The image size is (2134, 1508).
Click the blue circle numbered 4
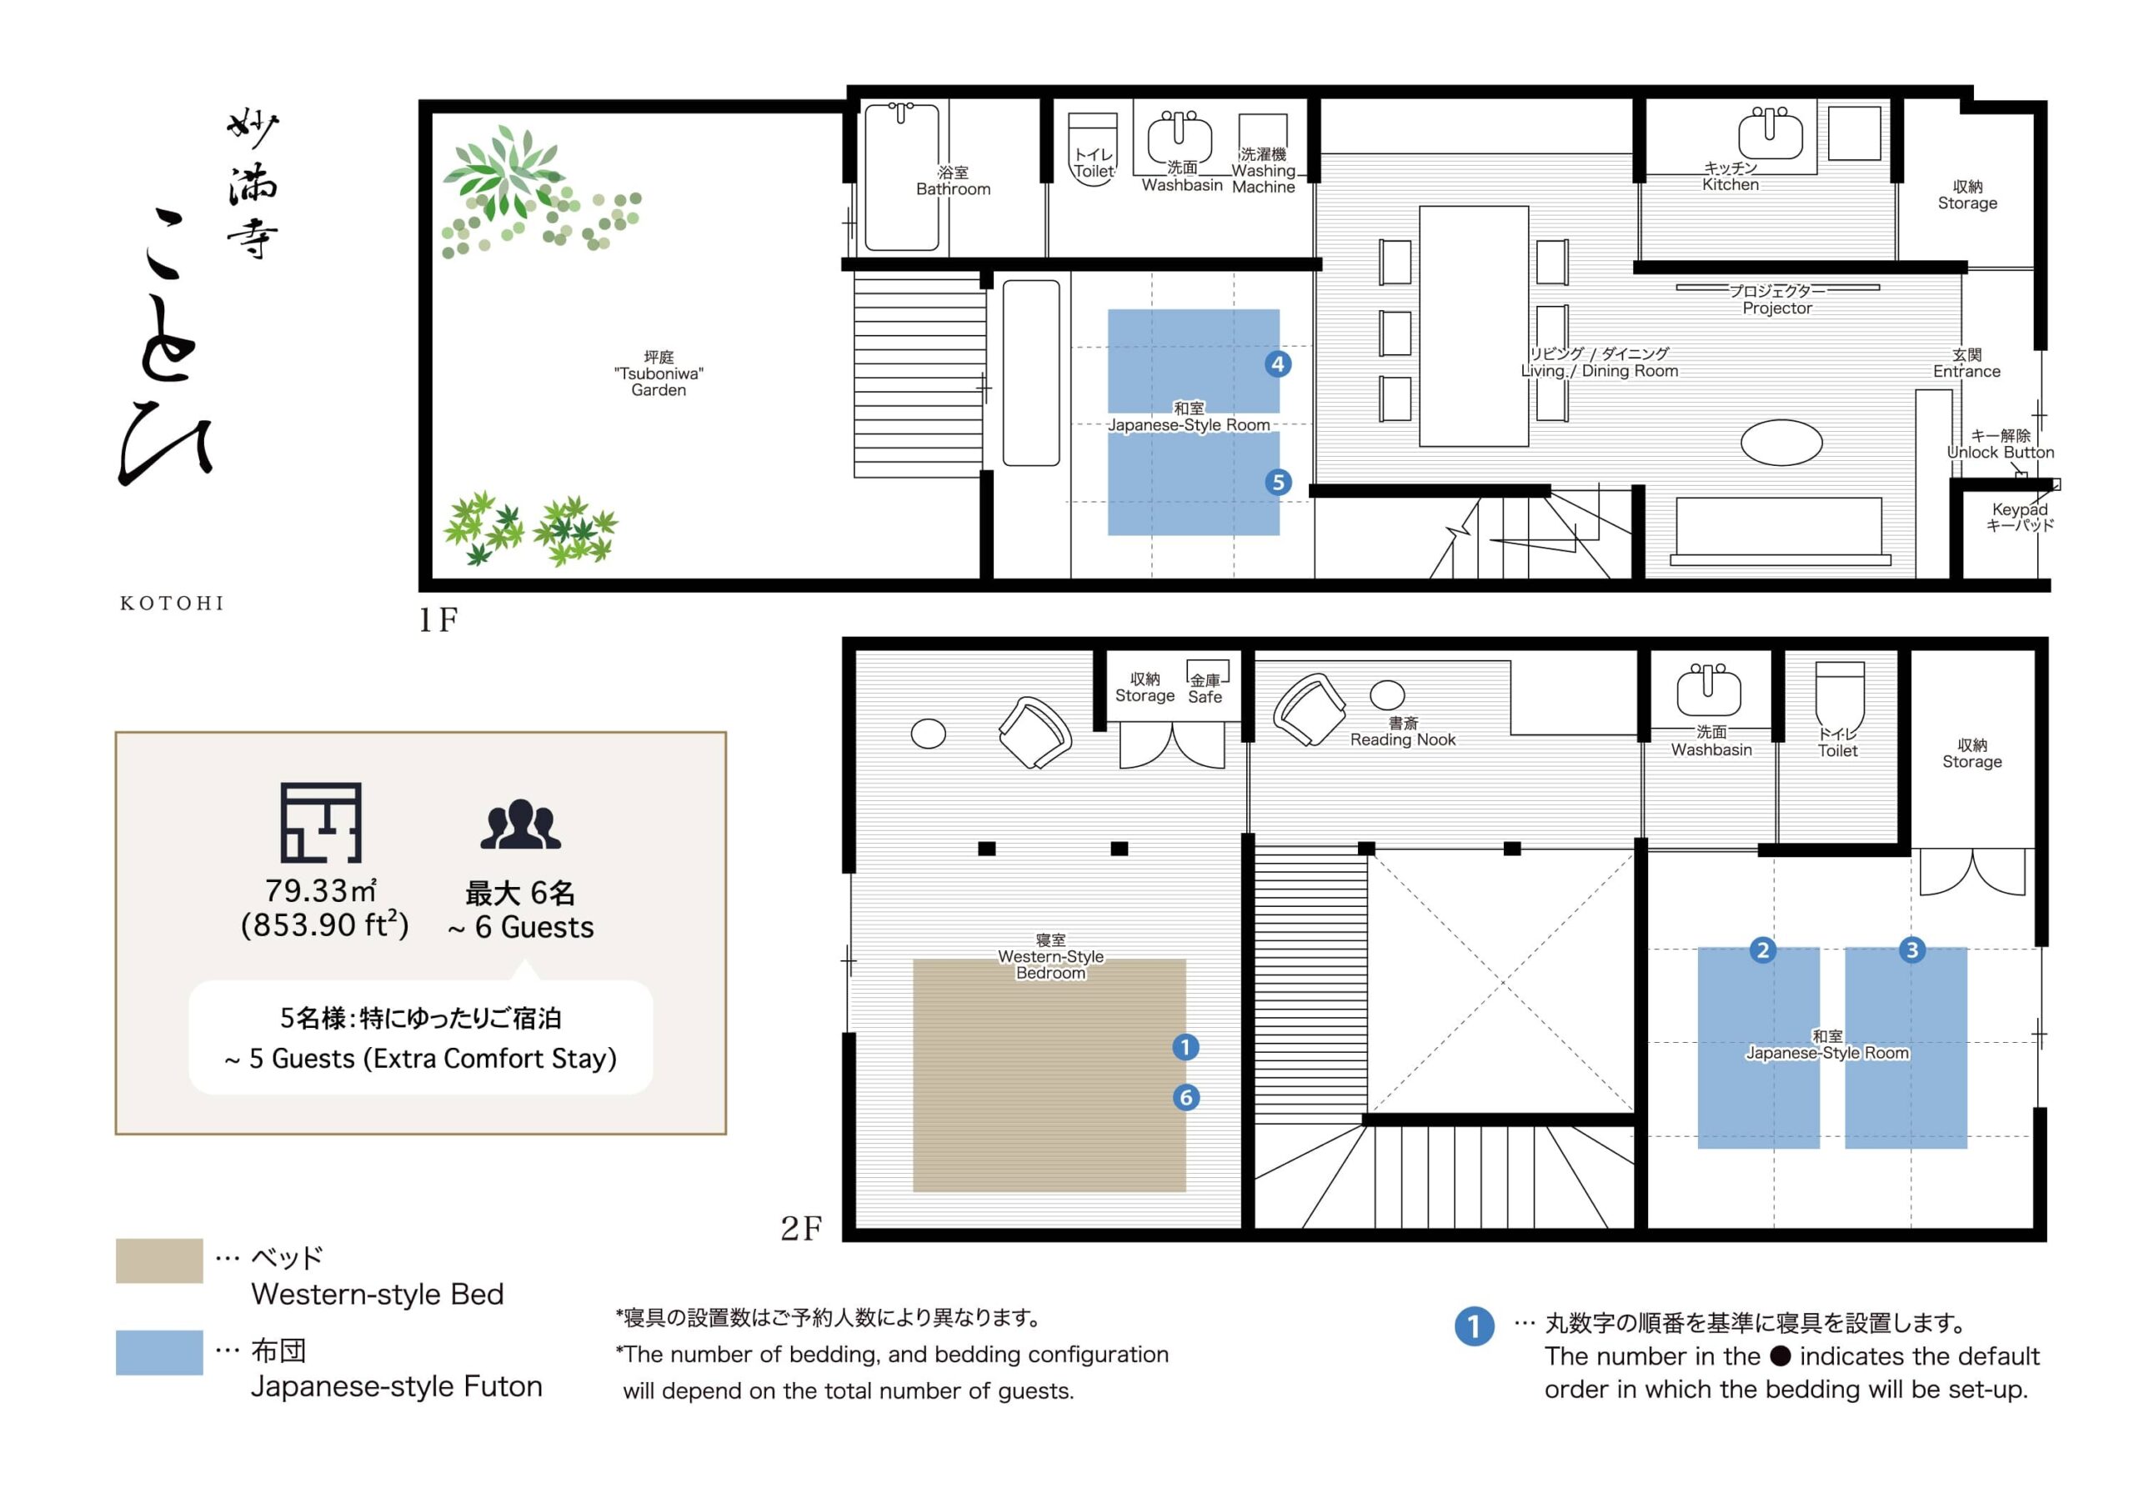coord(1278,363)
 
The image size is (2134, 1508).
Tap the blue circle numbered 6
coord(1185,1097)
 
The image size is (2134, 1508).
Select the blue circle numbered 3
coord(1912,949)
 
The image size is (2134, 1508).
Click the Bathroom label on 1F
coord(953,180)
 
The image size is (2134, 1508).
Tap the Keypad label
coord(2020,517)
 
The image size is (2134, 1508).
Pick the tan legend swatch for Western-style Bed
coord(159,1260)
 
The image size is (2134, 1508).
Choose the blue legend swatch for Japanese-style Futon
coord(159,1352)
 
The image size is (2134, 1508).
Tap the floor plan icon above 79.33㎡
coord(321,822)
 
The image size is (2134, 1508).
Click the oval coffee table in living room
coord(1781,443)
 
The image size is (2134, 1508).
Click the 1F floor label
coord(438,620)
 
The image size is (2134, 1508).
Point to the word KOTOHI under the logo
coord(172,604)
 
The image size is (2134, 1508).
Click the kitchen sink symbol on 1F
coord(1770,132)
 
